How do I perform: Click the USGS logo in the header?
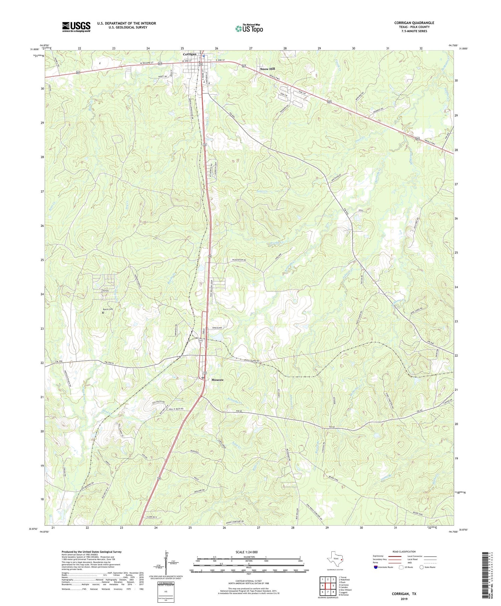(76, 27)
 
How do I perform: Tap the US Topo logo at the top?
(249, 28)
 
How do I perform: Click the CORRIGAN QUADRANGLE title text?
(414, 23)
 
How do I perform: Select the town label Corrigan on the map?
(189, 54)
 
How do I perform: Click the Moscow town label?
(217, 380)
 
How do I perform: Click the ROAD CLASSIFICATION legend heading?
(404, 552)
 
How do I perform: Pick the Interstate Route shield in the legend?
(376, 567)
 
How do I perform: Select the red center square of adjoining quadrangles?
(329, 586)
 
